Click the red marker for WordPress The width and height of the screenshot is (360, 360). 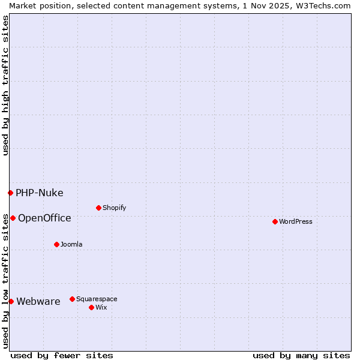[275, 221]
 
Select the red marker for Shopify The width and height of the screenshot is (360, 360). [98, 208]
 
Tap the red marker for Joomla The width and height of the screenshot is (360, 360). [56, 244]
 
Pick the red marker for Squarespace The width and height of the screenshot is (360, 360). [72, 299]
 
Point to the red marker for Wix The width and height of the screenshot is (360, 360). [91, 307]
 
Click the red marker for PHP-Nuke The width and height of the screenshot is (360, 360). [10, 193]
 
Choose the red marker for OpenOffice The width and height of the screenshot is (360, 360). [13, 218]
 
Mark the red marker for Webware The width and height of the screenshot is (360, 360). [11, 301]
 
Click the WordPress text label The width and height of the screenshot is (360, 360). [296, 221]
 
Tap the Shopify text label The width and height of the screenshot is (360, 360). [115, 208]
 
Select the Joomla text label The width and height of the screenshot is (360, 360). [72, 244]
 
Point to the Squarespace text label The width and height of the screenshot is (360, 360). [97, 299]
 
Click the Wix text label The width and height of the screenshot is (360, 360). [101, 307]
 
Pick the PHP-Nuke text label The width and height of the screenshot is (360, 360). [40, 193]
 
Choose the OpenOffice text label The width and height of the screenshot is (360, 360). [44, 218]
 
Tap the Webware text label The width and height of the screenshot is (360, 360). [38, 301]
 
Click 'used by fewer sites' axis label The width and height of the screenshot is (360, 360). [62, 355]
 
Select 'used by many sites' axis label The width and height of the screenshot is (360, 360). [301, 355]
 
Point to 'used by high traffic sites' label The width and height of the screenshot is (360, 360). [5, 85]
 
